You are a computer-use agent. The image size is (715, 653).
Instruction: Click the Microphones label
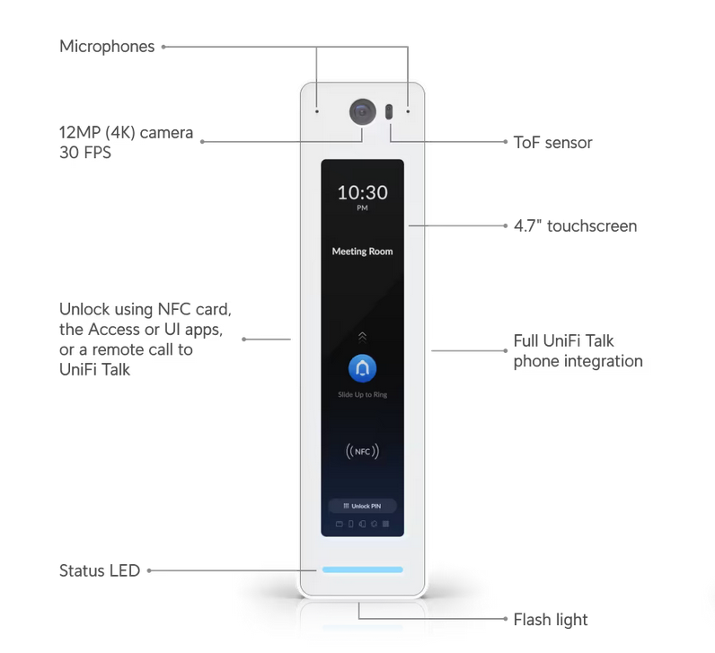pos(107,47)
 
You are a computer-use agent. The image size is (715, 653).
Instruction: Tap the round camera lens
pos(363,111)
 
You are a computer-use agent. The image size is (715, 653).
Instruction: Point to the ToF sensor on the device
pos(389,111)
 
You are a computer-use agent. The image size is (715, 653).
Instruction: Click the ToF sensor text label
pos(552,143)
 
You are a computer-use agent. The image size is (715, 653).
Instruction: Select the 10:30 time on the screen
pos(363,192)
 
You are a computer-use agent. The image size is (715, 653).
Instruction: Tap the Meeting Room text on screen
pos(363,251)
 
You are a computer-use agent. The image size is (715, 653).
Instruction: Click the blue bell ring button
pos(363,368)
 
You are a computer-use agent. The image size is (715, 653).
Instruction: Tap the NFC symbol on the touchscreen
pos(363,452)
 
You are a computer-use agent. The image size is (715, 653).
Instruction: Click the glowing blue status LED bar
pos(363,569)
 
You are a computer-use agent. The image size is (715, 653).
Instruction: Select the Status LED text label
pos(100,570)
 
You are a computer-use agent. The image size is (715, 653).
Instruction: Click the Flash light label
pos(551,620)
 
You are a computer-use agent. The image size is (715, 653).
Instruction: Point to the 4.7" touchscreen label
pos(575,225)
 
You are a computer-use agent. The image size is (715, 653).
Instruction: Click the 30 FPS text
pos(85,153)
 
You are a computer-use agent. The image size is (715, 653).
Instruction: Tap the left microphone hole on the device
pos(317,111)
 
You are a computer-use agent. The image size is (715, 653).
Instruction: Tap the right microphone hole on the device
pos(408,111)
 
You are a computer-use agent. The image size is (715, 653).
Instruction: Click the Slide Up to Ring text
pos(363,394)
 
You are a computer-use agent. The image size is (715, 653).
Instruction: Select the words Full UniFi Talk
pos(563,341)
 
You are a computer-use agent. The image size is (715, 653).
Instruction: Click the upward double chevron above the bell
pos(363,337)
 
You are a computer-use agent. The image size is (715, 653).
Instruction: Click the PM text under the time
pos(363,208)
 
